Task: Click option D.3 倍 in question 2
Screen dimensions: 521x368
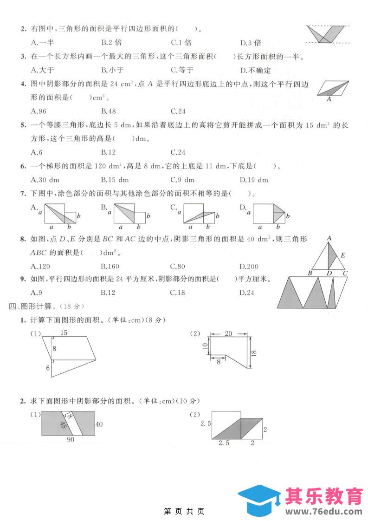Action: tap(251, 43)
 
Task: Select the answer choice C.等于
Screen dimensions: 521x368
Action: tap(182, 70)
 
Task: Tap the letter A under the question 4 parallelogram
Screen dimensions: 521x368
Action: tap(329, 99)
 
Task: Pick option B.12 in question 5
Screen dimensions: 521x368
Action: tap(108, 152)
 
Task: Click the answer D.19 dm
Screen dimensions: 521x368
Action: tap(254, 180)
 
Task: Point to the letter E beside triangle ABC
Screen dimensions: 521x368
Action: tap(343, 255)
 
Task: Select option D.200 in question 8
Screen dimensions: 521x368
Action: tap(250, 266)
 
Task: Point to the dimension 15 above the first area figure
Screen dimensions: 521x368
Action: tap(64, 332)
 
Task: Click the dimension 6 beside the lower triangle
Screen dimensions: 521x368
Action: tap(47, 368)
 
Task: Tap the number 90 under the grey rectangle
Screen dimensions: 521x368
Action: tap(71, 440)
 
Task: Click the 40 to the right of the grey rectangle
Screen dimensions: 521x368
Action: tap(99, 424)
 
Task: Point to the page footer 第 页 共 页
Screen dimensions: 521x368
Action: tap(184, 511)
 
